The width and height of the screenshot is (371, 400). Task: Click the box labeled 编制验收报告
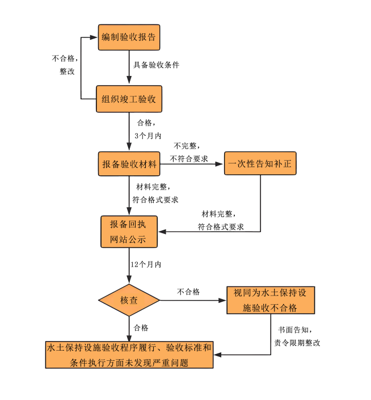click(x=129, y=38)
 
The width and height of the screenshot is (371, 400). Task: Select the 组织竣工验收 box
click(x=129, y=99)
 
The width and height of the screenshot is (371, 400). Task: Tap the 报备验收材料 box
click(x=129, y=165)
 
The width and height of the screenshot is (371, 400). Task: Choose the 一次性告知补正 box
click(x=260, y=165)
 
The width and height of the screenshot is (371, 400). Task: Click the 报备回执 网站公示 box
click(x=129, y=231)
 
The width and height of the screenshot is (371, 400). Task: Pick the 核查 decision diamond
click(x=129, y=301)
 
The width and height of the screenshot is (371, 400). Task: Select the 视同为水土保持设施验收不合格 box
click(x=270, y=301)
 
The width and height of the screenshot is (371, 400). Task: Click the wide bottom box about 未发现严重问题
click(x=129, y=355)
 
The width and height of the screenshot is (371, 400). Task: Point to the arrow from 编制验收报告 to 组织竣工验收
click(x=129, y=68)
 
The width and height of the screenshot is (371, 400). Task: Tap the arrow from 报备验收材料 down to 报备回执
click(x=129, y=196)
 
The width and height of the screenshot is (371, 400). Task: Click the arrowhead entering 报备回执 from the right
click(x=161, y=231)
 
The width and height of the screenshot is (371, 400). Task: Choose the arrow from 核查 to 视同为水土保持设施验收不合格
click(x=193, y=301)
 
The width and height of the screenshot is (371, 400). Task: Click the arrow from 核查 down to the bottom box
click(x=129, y=329)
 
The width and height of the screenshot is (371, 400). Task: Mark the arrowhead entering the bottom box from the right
click(x=217, y=355)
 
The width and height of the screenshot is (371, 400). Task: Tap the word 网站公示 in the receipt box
click(x=129, y=239)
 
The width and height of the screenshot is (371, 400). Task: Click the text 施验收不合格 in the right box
click(x=270, y=308)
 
